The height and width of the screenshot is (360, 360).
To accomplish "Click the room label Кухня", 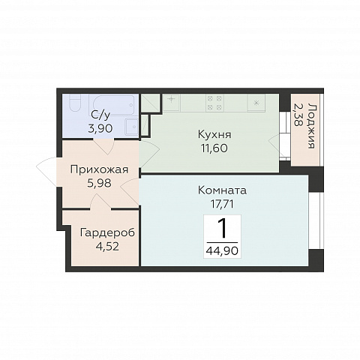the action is coord(214,135).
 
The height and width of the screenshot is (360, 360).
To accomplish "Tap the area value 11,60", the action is coord(214,148).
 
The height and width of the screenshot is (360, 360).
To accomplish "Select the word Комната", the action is coord(222,190).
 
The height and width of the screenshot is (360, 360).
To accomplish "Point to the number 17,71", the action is coord(222,204).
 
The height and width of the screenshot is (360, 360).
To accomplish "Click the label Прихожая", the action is coord(99,169).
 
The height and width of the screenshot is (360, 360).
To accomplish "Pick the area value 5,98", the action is coord(99,183).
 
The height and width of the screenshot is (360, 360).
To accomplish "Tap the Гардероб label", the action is coord(107,232).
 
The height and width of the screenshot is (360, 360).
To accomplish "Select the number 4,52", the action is coord(107,247).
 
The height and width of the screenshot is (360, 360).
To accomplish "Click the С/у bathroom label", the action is coord(100,115).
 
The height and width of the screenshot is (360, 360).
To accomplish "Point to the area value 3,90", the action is coord(100,129).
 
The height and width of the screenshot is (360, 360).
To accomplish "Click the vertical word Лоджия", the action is coord(311,126).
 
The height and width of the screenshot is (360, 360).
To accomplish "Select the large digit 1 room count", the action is coord(222,229).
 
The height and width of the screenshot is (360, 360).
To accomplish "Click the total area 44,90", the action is coord(222,250).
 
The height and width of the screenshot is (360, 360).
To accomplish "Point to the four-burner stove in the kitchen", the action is coord(214,103).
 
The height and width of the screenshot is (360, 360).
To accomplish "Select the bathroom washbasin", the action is coord(131,127).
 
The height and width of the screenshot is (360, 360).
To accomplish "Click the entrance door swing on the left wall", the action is coord(47,172).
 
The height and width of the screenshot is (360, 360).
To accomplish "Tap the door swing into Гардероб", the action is coord(100,201).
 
